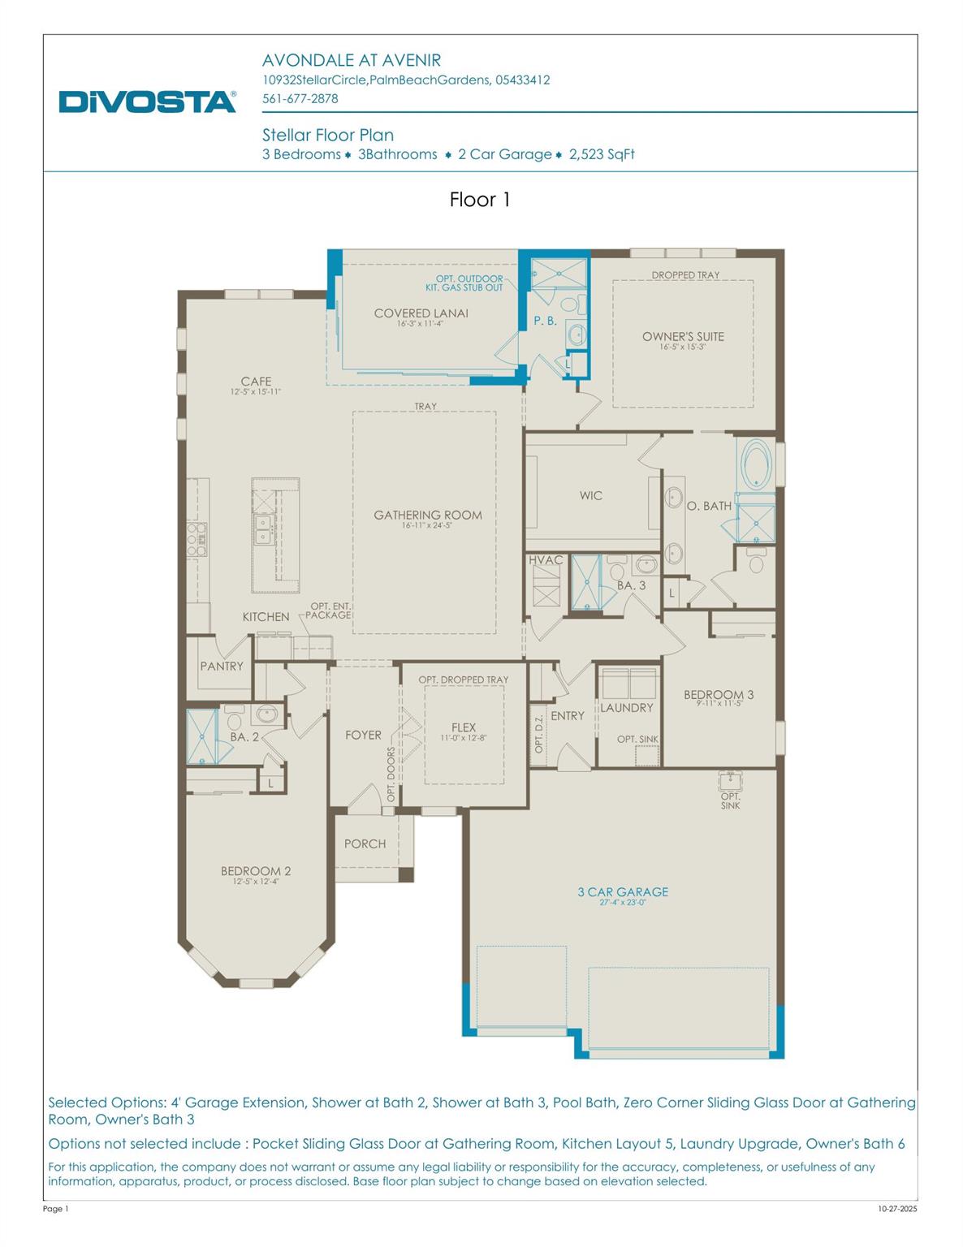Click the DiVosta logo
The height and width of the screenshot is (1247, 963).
tap(147, 101)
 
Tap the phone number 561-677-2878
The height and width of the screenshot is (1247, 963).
tap(300, 98)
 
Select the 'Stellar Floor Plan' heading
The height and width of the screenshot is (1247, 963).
tap(327, 135)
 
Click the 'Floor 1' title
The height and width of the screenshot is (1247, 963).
tap(480, 200)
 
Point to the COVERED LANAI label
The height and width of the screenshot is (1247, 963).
tap(421, 313)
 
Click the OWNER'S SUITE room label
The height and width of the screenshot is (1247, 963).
tap(683, 337)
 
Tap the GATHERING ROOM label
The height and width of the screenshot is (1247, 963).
tap(428, 516)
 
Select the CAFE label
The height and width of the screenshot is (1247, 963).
tap(256, 382)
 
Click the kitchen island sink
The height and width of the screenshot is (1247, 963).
tap(263, 529)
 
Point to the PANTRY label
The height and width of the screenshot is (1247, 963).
tap(222, 667)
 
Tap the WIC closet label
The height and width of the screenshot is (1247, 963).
tap(591, 496)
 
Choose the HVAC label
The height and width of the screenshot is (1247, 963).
tap(546, 560)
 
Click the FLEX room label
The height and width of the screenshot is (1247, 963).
tap(464, 727)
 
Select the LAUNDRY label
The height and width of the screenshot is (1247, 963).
tap(626, 708)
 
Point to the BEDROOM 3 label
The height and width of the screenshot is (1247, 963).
tap(719, 695)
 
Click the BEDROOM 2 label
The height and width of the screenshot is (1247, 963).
tap(256, 871)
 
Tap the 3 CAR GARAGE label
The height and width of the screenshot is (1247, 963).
tap(623, 892)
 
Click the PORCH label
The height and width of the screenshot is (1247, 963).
tap(365, 844)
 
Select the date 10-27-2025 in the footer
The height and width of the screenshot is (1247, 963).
tap(897, 1209)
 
